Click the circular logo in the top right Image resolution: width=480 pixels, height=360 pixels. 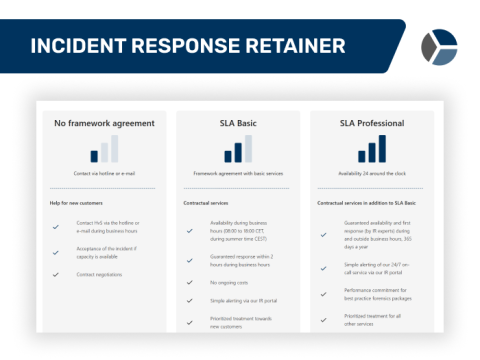point(438,46)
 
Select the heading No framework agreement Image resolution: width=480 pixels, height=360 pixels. point(104,124)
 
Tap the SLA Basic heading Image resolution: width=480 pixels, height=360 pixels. point(238,124)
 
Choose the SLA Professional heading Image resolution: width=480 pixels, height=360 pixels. point(372,124)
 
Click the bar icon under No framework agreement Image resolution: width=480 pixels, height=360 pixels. point(104,149)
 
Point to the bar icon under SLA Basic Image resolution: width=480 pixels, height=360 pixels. point(238,150)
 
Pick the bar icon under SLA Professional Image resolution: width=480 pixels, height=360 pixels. point(372,149)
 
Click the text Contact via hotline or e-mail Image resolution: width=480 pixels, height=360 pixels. point(104,173)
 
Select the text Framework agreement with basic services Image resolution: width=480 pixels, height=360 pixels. point(238,173)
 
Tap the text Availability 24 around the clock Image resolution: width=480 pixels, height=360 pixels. point(372,173)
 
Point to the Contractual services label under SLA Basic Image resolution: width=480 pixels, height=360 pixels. point(212,203)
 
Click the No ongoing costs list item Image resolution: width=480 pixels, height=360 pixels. point(231,283)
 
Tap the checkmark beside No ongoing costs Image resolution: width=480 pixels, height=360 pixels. point(190,283)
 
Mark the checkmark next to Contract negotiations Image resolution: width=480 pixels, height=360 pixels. point(56,274)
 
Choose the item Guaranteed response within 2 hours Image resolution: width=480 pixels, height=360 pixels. point(244,261)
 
